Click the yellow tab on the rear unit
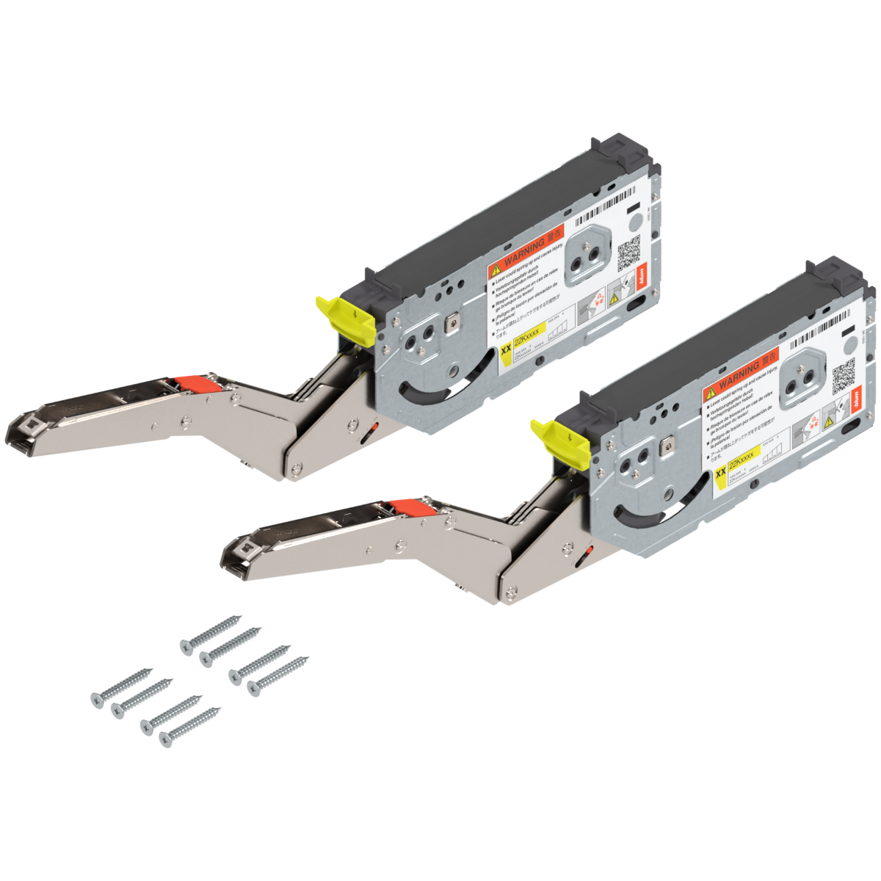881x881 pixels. coord(335,311)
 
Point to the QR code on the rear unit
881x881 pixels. coord(630,256)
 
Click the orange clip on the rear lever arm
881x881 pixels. coord(195,383)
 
